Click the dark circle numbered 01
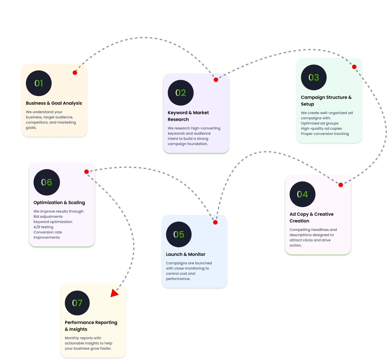pos(39,83)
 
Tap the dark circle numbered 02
pos(181,93)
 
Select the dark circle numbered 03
pos(314,78)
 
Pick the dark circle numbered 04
pos(302,194)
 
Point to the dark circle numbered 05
pos(179,235)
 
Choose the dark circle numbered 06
pos(47,182)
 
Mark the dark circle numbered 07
pos(77,303)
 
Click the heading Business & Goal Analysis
pos(54,103)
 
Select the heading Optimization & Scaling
pos(59,203)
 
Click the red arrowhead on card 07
pos(114,293)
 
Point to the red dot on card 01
pos(75,73)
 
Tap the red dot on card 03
pos(354,67)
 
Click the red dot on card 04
pos(341,185)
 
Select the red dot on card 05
pos(215,222)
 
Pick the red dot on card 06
pos(86,172)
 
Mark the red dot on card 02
pos(216,80)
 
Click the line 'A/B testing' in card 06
pos(43,227)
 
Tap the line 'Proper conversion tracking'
pos(325,134)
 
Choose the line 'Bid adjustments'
pos(48,217)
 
